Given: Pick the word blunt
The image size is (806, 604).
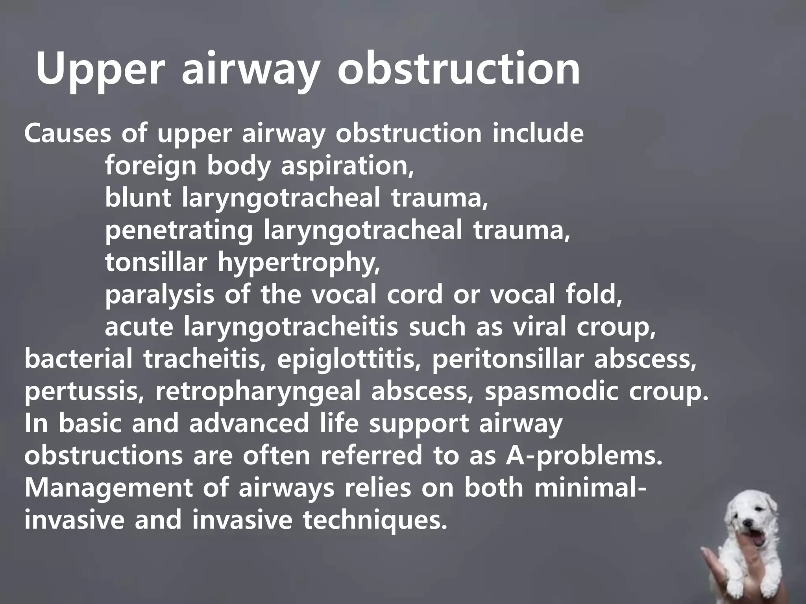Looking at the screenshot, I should tap(138, 198).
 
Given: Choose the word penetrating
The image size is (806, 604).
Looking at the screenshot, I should tap(179, 231).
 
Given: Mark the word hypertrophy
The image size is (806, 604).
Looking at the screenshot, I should tap(299, 263).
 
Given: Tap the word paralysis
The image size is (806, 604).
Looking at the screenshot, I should tap(159, 295).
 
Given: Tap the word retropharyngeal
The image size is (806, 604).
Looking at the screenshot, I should tap(258, 392).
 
